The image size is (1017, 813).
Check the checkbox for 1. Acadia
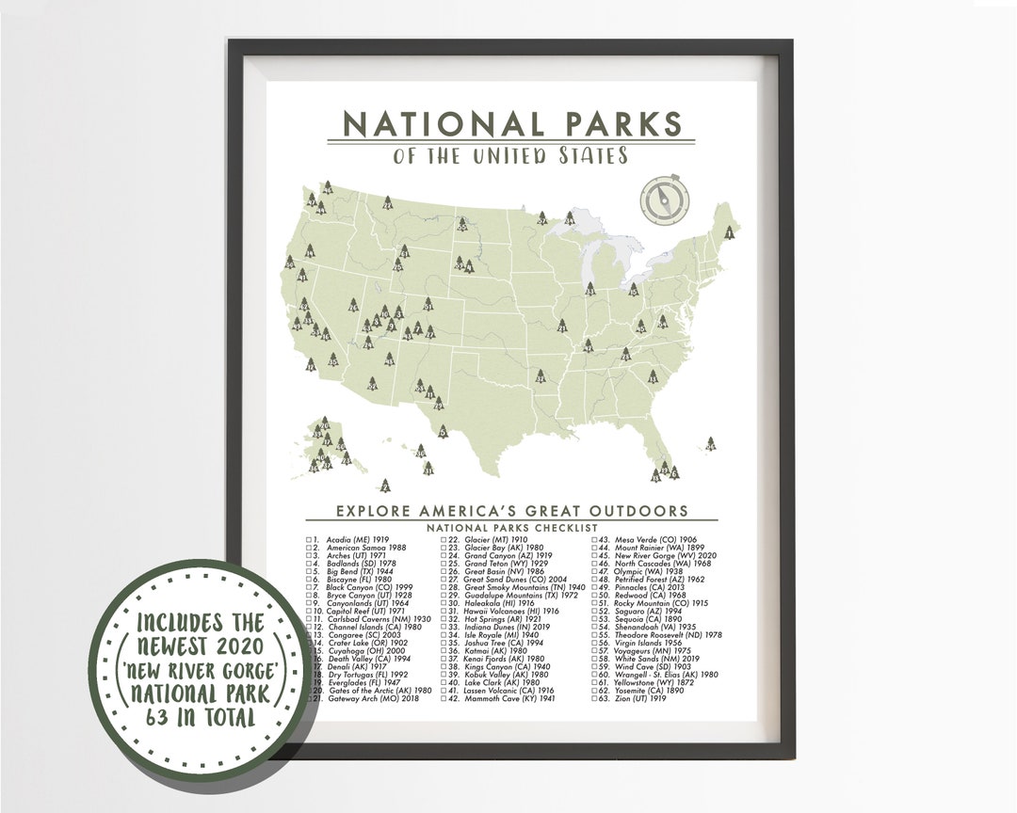(309, 540)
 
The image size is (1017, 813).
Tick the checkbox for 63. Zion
(595, 699)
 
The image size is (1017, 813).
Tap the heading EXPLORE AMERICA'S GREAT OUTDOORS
(511, 511)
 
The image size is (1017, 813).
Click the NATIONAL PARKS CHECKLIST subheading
(511, 528)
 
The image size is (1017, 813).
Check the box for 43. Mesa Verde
(595, 540)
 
